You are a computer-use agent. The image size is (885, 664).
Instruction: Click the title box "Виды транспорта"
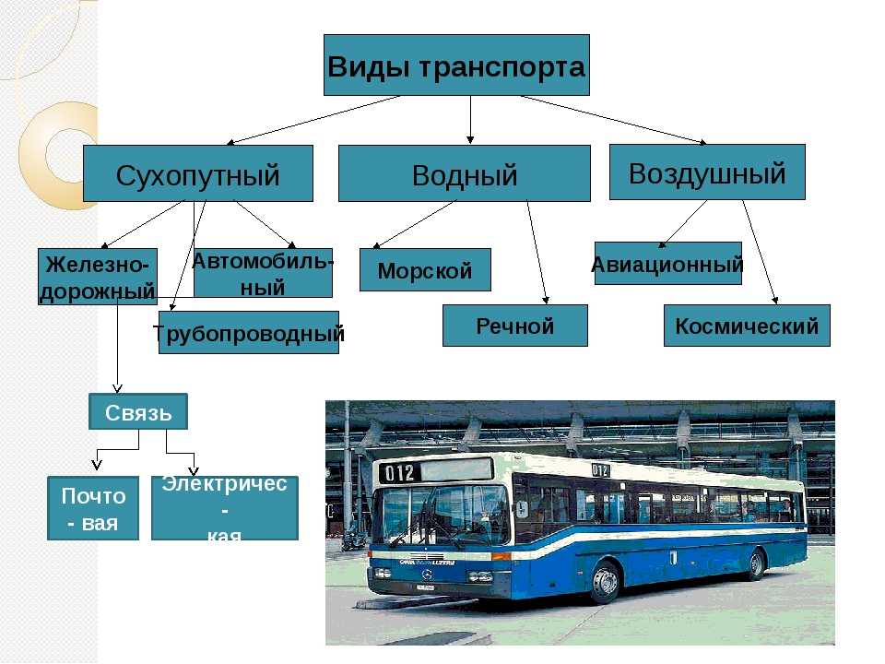point(455,65)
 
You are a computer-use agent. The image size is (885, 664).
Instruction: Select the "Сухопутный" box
point(197,173)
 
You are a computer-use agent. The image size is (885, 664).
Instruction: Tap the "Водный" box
point(464,173)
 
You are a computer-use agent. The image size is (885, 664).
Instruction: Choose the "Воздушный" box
point(707,172)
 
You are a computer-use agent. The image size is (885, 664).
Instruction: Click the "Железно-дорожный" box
point(98,277)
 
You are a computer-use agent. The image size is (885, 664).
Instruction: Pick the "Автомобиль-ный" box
point(263,273)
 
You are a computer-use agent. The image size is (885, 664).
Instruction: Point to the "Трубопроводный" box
point(249,333)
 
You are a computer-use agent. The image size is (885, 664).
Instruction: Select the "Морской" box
point(424,270)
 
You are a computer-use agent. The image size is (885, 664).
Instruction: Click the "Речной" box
point(514,326)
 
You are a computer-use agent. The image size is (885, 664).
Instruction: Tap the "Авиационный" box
point(667,264)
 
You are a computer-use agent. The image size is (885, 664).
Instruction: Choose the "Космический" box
point(747,326)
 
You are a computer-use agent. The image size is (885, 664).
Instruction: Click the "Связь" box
point(138,411)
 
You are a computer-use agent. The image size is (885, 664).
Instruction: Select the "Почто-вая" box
point(93,508)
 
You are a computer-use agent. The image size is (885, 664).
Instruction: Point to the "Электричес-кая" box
point(225,508)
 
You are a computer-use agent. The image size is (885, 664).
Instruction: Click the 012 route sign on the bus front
point(402,473)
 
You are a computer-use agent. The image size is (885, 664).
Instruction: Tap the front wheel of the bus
point(604,582)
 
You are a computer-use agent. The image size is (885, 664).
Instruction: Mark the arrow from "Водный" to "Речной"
point(537,253)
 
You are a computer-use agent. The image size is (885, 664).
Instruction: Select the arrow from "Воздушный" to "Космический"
point(761,253)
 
